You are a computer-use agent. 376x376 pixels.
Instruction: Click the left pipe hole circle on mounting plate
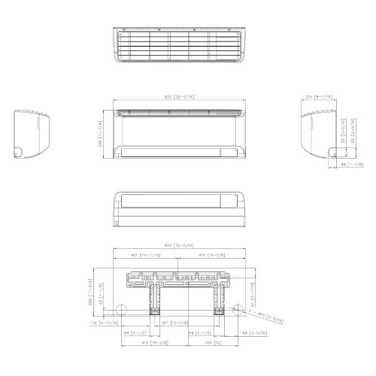(120, 311)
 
